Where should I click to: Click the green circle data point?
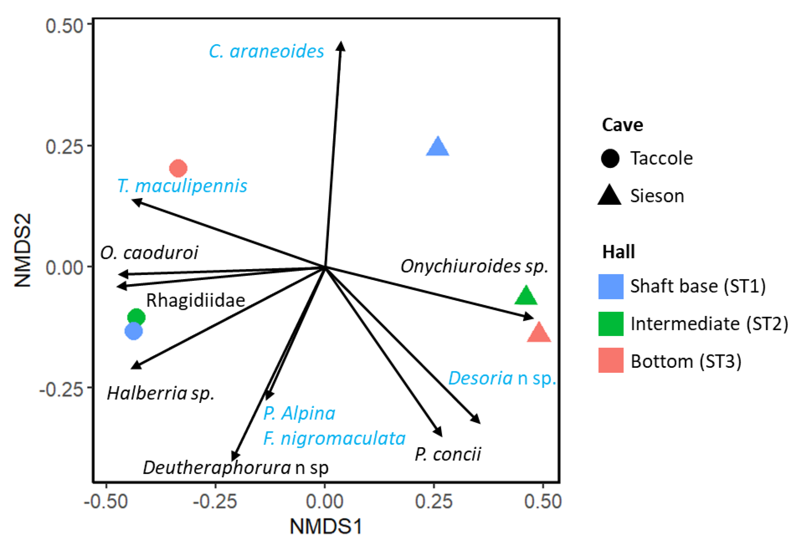pyautogui.click(x=136, y=317)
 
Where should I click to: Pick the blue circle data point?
pyautogui.click(x=134, y=331)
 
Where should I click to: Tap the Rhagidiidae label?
pyautogui.click(x=195, y=300)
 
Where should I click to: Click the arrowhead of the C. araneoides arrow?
pyautogui.click(x=341, y=45)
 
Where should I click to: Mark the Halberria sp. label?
pyautogui.click(x=161, y=393)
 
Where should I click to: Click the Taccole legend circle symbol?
pyautogui.click(x=610, y=158)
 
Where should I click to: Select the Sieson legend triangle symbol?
pyautogui.click(x=610, y=195)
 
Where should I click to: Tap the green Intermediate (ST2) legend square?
pyautogui.click(x=611, y=324)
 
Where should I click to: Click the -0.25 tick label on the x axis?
pyautogui.click(x=215, y=501)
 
